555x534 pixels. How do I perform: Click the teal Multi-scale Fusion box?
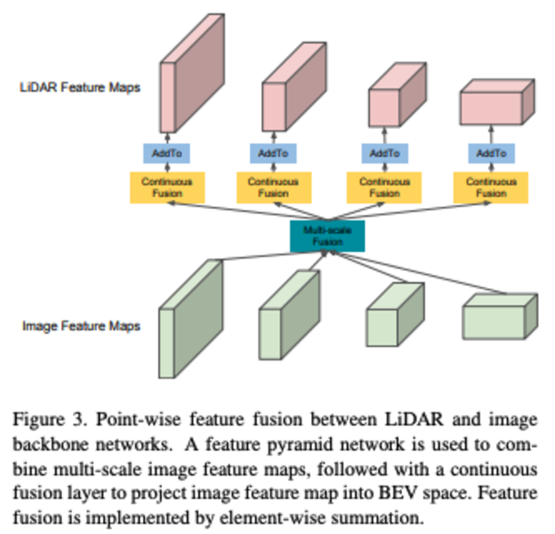pyautogui.click(x=327, y=236)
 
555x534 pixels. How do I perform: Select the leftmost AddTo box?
pyautogui.click(x=166, y=153)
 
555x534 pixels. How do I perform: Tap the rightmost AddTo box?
pyautogui.click(x=491, y=153)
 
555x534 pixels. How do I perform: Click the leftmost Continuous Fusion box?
pyautogui.click(x=167, y=188)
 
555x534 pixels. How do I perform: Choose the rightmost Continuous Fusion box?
pyautogui.click(x=491, y=188)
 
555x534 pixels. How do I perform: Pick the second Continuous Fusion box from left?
pyautogui.click(x=274, y=188)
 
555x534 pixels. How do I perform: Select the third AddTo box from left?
pyautogui.click(x=385, y=153)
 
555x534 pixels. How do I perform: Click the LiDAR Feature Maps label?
pyautogui.click(x=80, y=87)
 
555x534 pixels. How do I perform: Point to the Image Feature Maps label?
pyautogui.click(x=82, y=326)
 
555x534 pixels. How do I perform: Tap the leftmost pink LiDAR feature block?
pyautogui.click(x=192, y=73)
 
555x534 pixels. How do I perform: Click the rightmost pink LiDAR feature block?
pyautogui.click(x=497, y=102)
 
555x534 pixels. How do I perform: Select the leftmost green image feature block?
pyautogui.click(x=190, y=319)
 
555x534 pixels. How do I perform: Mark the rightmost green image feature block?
pyautogui.click(x=500, y=317)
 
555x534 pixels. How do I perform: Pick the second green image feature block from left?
pyautogui.click(x=290, y=315)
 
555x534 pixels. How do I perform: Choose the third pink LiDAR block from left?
pyautogui.click(x=398, y=94)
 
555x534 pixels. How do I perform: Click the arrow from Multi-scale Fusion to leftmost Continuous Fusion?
pyautogui.click(x=247, y=211)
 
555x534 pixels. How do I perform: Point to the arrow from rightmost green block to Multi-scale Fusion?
pyautogui.click(x=418, y=272)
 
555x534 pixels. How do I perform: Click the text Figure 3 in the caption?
pyautogui.click(x=50, y=419)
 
